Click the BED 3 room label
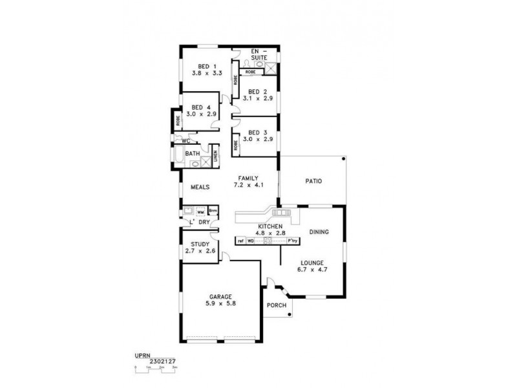click(257, 133)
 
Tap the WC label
click(185, 140)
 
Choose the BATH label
click(193, 154)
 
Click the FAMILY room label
click(248, 178)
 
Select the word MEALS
click(200, 187)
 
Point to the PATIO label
click(314, 181)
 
